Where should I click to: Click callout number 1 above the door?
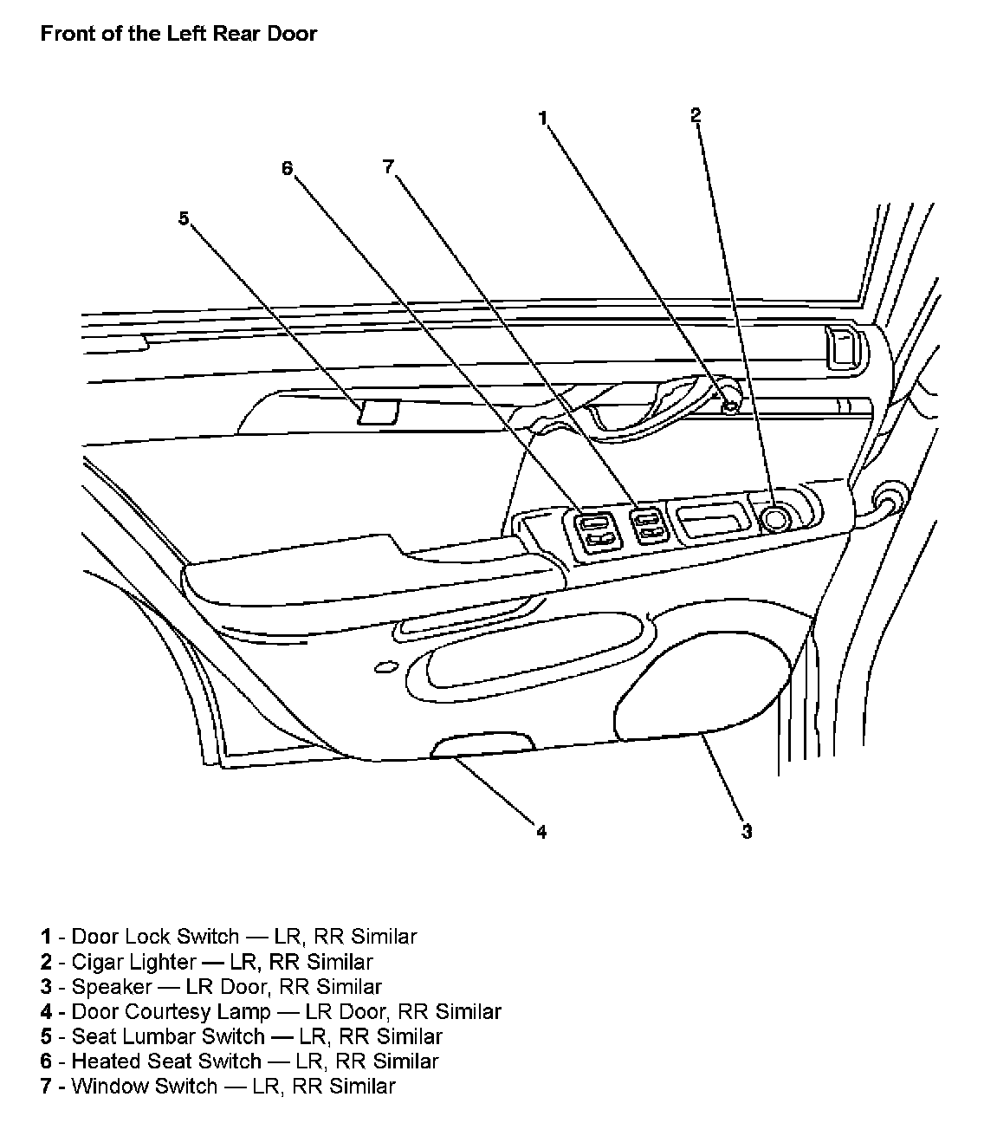543,118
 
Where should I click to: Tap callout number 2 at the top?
696,114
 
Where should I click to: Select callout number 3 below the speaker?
746,832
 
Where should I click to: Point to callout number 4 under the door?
541,832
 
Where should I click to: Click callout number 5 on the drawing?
184,218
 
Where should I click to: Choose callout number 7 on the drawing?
389,166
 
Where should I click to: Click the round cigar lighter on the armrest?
774,518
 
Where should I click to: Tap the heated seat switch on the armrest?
593,531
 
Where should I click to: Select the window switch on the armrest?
648,525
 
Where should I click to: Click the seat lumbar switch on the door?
378,412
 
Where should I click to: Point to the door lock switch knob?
731,405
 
